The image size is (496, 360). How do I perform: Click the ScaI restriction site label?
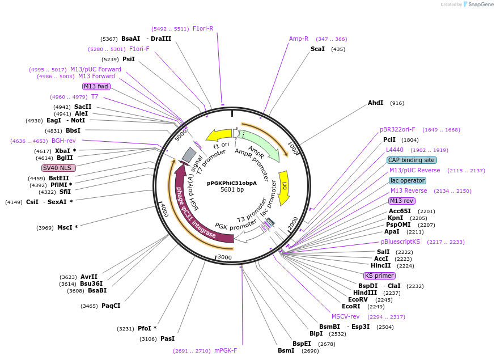coord(317,49)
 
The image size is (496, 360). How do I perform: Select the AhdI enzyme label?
coord(376,103)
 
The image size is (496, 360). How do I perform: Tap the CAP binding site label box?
coord(412,160)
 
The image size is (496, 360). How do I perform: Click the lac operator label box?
coord(408,180)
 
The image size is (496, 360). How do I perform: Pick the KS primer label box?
coord(379,276)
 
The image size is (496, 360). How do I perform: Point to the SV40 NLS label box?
coord(58,168)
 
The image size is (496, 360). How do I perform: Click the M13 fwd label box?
coord(96,86)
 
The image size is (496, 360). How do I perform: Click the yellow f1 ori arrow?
coord(219,135)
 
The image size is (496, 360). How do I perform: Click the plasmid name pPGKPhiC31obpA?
coord(232,183)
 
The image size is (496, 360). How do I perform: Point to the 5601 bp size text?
coord(232,190)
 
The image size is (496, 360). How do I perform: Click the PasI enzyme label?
coord(167,338)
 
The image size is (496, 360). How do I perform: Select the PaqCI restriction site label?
coord(111,306)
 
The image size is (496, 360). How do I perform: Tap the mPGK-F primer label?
coord(226,350)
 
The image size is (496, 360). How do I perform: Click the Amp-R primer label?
coord(299,39)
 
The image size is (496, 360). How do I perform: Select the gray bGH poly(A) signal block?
coord(189,154)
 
